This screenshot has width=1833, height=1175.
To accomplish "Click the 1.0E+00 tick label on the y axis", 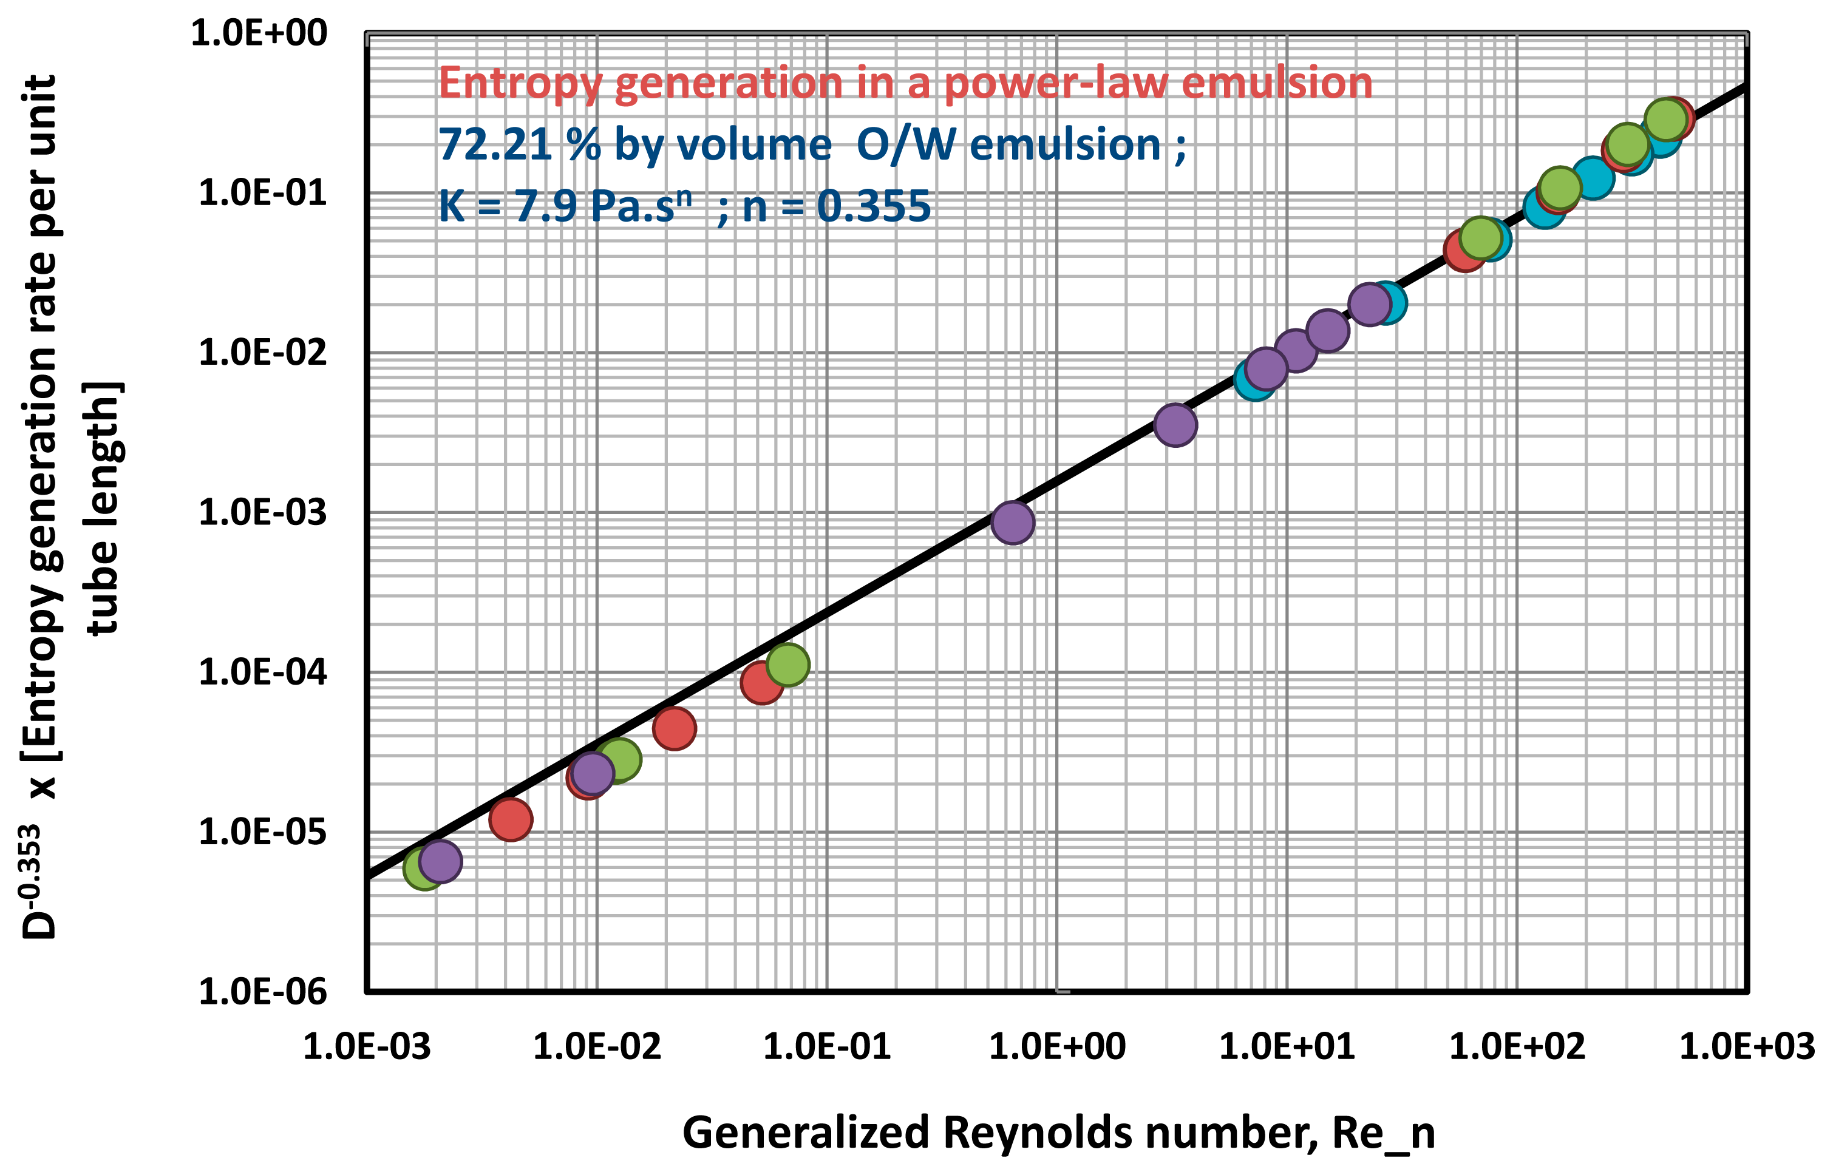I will click(258, 33).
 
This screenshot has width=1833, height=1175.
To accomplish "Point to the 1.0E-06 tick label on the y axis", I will click(262, 992).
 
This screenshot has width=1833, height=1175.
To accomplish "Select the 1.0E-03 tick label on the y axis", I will click(262, 512).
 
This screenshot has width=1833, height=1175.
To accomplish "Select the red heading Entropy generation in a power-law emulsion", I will click(905, 83).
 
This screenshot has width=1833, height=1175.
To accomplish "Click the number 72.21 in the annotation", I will click(495, 144).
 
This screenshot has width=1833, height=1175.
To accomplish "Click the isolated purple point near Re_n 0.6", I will click(1013, 523).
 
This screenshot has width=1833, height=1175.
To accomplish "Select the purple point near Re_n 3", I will click(1175, 425).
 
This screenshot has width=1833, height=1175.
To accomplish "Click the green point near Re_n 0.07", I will click(787, 665).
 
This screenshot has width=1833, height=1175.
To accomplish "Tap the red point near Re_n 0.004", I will click(511, 819).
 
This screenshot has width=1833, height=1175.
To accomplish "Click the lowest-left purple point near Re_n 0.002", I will click(440, 861).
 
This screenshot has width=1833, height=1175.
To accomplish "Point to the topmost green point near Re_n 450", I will click(1666, 119).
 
